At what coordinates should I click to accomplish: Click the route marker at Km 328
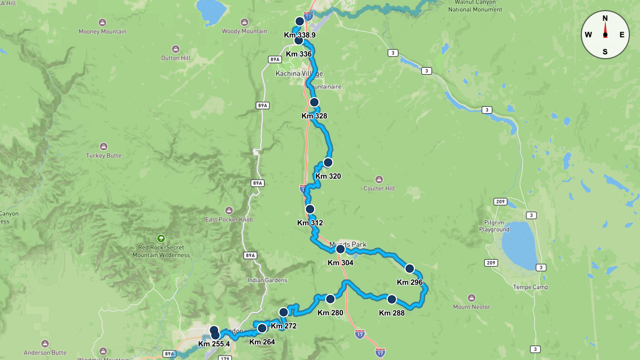[314, 102]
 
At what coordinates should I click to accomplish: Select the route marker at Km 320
[328, 162]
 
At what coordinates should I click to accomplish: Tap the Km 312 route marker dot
[310, 209]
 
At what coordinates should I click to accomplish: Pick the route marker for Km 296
[410, 268]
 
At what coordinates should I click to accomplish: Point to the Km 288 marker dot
[391, 299]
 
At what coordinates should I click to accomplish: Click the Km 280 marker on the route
[330, 299]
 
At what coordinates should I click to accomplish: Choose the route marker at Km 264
[262, 328]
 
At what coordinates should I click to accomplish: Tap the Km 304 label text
[340, 262]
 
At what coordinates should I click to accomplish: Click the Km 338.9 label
[300, 35]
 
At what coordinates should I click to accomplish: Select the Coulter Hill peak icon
[379, 179]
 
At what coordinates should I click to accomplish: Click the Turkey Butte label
[103, 156]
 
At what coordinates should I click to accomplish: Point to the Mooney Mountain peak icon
[102, 22]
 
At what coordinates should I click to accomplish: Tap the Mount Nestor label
[471, 307]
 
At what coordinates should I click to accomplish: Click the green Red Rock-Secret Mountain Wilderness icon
[161, 238]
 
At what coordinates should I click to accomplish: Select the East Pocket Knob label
[229, 220]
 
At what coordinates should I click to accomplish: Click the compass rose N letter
[605, 18]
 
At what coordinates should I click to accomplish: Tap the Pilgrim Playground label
[494, 226]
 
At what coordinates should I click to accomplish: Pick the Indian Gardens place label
[267, 281]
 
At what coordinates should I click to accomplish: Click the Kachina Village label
[299, 74]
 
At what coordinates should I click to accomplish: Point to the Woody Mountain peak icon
[244, 22]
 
